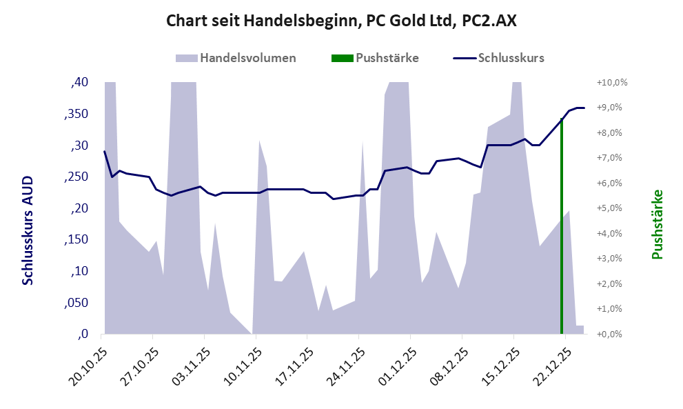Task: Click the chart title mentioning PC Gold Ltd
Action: (341, 21)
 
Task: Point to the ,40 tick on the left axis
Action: (79, 83)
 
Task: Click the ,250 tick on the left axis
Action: (76, 177)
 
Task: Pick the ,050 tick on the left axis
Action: (76, 303)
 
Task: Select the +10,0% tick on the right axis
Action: (612, 82)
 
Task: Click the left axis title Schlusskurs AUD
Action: (28, 230)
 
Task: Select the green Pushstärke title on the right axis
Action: (657, 224)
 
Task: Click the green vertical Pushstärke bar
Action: (562, 228)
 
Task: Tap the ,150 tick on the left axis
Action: (76, 240)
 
